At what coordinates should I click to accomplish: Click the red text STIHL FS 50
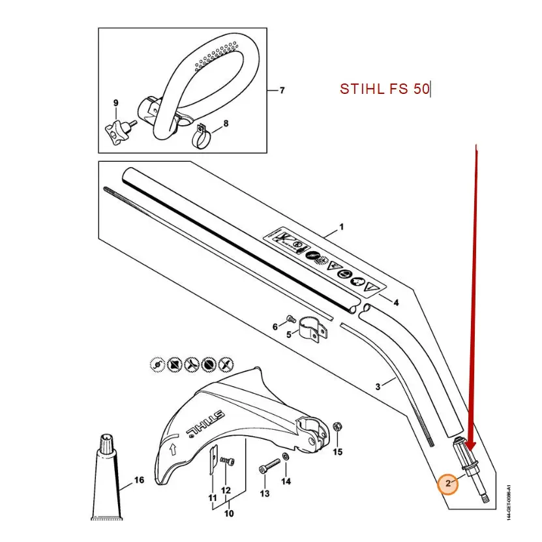coord(384,89)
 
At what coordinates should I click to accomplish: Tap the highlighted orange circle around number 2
coord(448,483)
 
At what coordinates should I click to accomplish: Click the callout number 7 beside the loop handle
coord(282,90)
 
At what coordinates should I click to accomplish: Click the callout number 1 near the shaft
coord(340,227)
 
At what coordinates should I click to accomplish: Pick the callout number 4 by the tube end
coord(396,302)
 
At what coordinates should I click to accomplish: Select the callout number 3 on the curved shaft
coord(378,387)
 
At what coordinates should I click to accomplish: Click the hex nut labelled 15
coord(338,427)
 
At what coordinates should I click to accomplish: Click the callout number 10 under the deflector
coord(228,513)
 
